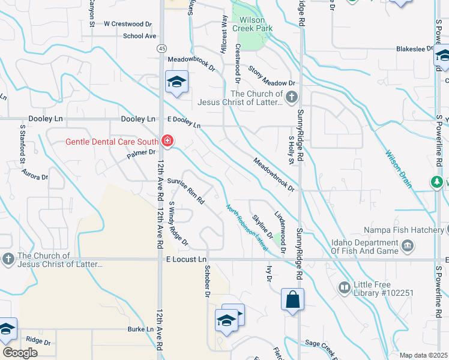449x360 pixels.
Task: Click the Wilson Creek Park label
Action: (256, 24)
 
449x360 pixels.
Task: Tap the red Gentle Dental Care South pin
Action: (167, 142)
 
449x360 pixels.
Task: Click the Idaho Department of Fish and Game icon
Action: (407, 245)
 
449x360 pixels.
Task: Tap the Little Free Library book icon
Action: (345, 288)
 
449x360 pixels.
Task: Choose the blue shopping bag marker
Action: (292, 299)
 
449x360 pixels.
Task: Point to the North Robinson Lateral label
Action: (246, 226)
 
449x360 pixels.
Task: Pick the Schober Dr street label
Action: (207, 281)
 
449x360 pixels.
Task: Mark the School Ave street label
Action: (139, 36)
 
